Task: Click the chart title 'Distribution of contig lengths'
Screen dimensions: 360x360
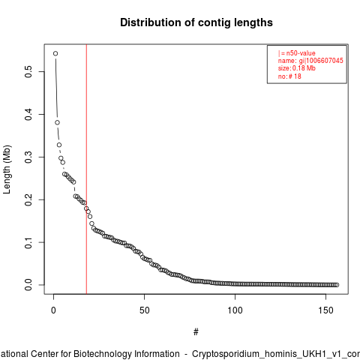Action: coord(196,22)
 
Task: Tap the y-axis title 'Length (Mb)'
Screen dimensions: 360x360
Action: coord(7,169)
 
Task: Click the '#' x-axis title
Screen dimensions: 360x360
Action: coord(196,332)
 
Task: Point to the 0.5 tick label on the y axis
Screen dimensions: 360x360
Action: coord(28,72)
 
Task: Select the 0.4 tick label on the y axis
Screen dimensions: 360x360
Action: coord(28,115)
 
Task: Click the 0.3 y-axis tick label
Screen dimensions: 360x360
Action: coord(28,157)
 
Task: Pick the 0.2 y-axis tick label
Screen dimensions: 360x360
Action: coord(28,199)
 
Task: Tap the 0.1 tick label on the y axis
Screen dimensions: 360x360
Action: coord(28,242)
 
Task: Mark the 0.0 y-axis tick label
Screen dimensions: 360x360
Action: coord(28,285)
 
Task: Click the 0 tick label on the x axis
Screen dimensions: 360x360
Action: coord(53,310)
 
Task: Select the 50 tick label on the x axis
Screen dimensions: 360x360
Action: coord(144,310)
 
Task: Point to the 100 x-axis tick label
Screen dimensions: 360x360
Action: coord(235,310)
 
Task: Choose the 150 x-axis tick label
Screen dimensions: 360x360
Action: coord(325,310)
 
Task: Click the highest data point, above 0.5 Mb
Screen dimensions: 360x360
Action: coord(55,53)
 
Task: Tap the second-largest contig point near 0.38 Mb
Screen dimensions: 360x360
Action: coord(57,122)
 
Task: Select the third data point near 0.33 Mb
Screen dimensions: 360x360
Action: coord(59,145)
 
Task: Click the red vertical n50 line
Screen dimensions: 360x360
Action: coord(86,169)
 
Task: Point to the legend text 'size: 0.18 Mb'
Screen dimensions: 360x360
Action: coord(297,68)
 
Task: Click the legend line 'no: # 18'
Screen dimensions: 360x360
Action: coord(289,76)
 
